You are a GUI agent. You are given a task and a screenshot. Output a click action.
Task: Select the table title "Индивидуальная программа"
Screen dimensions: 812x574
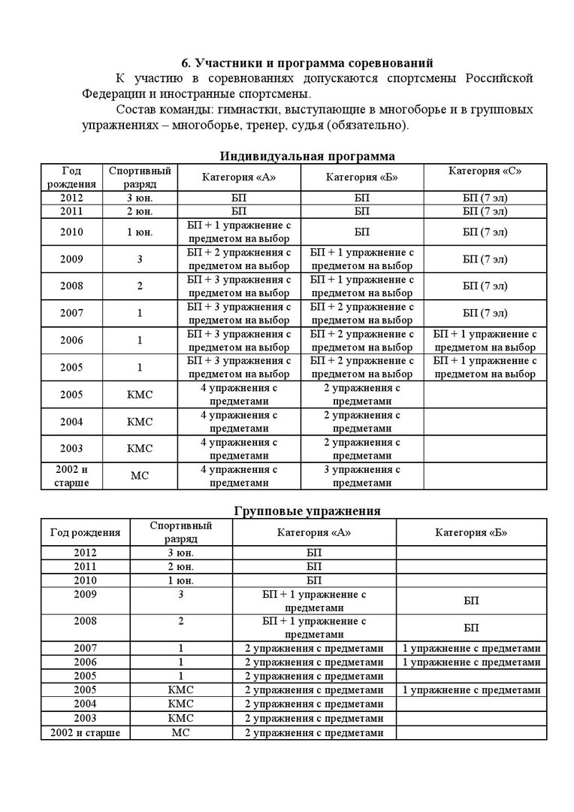(x=307, y=156)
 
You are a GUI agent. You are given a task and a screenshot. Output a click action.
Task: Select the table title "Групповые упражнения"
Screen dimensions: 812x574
(x=307, y=511)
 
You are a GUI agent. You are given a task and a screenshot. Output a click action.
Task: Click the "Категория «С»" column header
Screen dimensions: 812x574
(x=485, y=171)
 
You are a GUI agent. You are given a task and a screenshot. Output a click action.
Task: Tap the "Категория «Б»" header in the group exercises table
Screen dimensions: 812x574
(x=471, y=532)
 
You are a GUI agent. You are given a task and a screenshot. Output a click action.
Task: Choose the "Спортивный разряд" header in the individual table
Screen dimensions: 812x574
(x=140, y=177)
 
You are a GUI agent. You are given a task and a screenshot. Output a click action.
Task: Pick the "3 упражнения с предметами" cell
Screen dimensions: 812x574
(x=362, y=476)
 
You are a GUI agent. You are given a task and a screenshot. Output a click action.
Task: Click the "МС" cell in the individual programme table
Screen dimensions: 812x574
(x=140, y=476)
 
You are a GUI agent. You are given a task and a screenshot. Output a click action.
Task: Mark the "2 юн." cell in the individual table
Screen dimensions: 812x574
(x=140, y=211)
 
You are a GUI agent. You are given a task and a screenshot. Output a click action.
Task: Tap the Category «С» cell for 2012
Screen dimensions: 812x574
(x=485, y=198)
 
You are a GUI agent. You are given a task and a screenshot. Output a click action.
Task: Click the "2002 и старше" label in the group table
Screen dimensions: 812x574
(x=85, y=732)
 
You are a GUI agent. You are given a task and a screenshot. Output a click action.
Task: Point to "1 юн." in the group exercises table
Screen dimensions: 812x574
(x=181, y=580)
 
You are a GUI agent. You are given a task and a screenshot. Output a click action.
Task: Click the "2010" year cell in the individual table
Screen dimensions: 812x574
(x=71, y=232)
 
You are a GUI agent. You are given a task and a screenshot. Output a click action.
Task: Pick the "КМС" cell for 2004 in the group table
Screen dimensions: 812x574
(x=181, y=704)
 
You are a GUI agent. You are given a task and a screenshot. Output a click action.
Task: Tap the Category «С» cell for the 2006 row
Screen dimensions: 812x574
(x=485, y=341)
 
